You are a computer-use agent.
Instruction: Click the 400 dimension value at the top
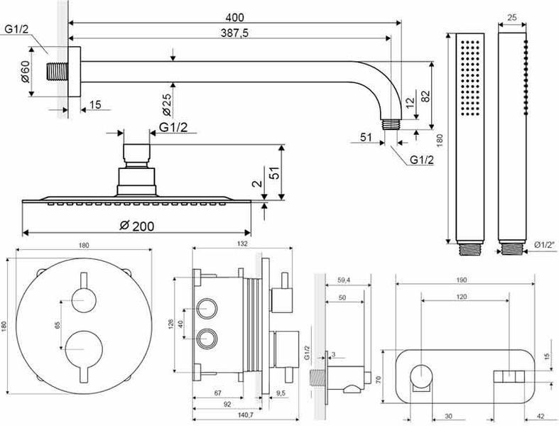point(234,17)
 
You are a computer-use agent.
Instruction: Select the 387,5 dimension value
point(234,33)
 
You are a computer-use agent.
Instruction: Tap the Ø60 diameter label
point(26,72)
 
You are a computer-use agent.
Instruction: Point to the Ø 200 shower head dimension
point(137,226)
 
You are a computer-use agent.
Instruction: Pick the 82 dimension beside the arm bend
point(425,97)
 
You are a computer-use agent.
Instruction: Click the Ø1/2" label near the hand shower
point(546,245)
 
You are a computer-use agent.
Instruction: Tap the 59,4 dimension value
point(343,280)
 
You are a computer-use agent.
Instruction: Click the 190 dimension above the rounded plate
point(461,280)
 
